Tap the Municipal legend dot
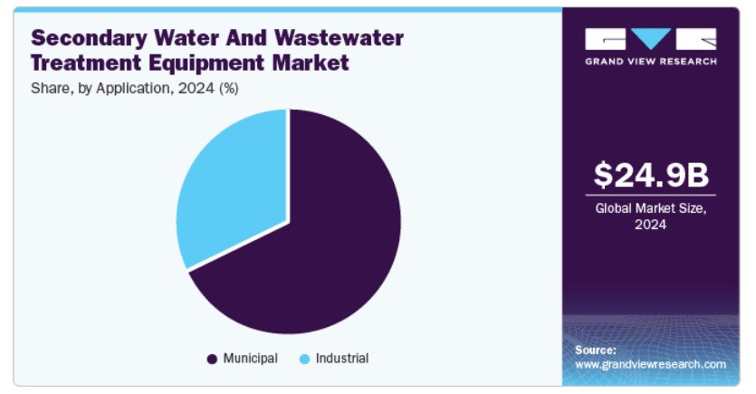[x=212, y=360]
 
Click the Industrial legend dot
[x=304, y=360]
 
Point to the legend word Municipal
[x=250, y=359]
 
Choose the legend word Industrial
[x=342, y=359]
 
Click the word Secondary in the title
[x=90, y=39]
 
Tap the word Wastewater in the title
[x=339, y=38]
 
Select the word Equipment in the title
[x=206, y=63]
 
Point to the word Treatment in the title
[x=86, y=62]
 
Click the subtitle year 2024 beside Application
[x=196, y=88]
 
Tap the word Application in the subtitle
[x=132, y=89]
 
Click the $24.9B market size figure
[x=651, y=175]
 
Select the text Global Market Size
[x=650, y=209]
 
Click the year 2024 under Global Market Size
[x=650, y=225]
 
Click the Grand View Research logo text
[x=651, y=62]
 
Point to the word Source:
[x=596, y=351]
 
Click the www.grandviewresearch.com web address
[x=650, y=365]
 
